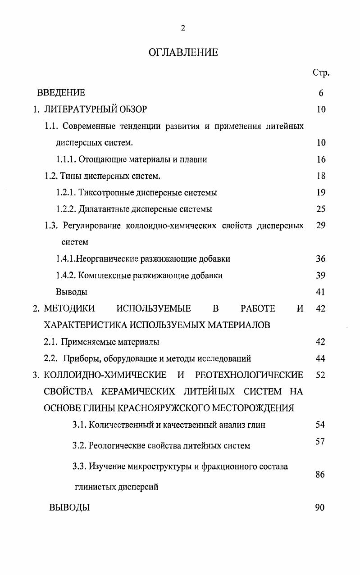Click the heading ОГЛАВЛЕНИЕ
click(x=183, y=53)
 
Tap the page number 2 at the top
click(x=183, y=28)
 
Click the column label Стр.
click(x=320, y=73)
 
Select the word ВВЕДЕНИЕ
click(x=61, y=93)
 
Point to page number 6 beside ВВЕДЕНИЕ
click(x=321, y=93)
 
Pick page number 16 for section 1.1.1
click(x=321, y=159)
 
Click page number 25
click(x=321, y=209)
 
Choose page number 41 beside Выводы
click(x=321, y=292)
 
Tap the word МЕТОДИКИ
click(x=69, y=309)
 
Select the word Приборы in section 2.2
click(x=79, y=359)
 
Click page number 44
click(x=321, y=359)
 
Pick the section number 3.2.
click(x=79, y=446)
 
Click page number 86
click(x=320, y=475)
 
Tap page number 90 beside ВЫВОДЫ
click(x=320, y=508)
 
